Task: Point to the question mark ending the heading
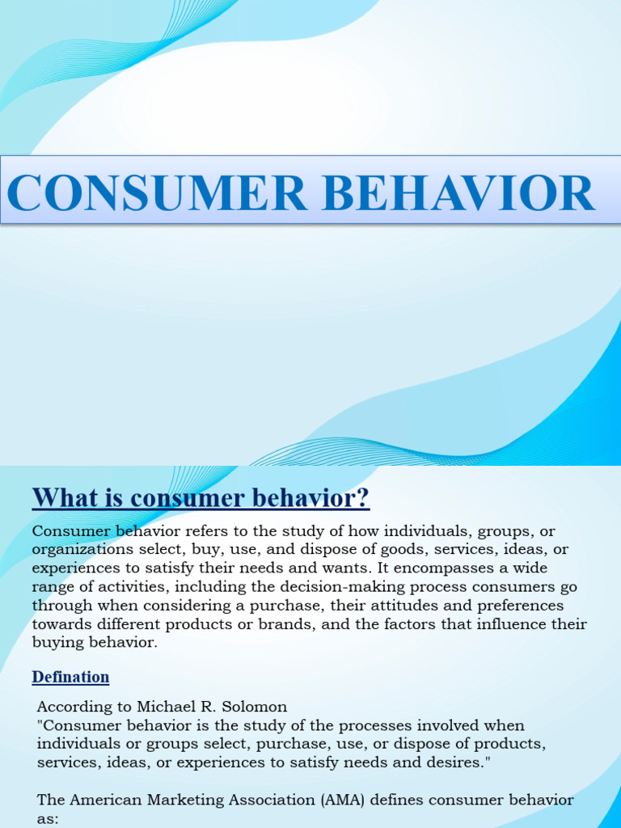tap(363, 498)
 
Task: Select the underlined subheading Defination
tap(70, 678)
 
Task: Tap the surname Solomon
tap(254, 707)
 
